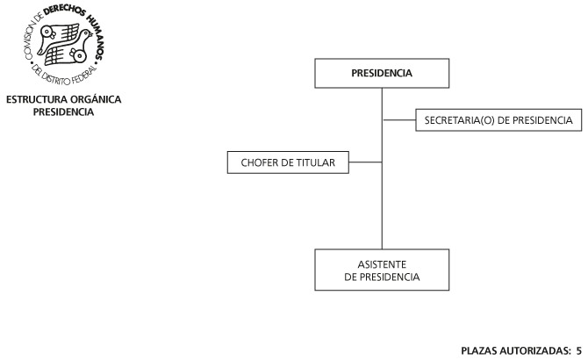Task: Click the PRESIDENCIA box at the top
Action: point(382,73)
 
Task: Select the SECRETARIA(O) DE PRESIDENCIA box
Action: point(498,120)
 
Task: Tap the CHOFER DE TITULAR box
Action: point(288,162)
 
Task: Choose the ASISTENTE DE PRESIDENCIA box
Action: point(382,270)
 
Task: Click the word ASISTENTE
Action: point(382,264)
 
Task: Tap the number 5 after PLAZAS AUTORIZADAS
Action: point(579,350)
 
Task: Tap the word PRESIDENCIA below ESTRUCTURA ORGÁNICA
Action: point(63,112)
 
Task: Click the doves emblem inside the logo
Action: point(64,44)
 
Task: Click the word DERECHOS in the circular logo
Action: point(64,11)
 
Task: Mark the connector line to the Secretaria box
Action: point(399,120)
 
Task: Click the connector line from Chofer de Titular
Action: point(365,162)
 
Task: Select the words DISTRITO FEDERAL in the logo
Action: point(68,76)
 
